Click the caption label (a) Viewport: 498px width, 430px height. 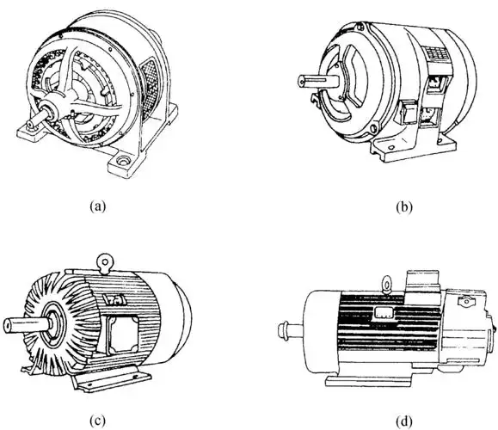pyautogui.click(x=97, y=206)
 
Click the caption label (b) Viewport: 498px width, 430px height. pyautogui.click(x=404, y=207)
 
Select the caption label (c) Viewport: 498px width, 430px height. pyautogui.click(x=97, y=421)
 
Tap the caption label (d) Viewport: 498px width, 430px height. pyautogui.click(x=404, y=421)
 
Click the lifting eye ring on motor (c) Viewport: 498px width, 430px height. pyautogui.click(x=105, y=261)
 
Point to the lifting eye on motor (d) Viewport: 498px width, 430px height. pyautogui.click(x=387, y=284)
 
